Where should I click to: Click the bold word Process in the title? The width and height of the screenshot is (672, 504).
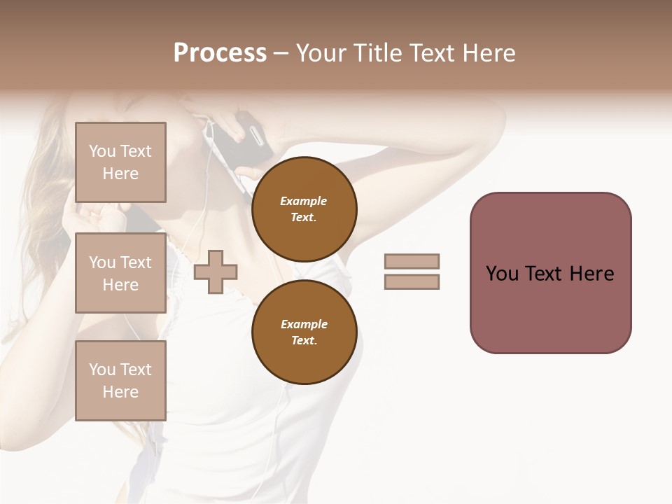[220, 53]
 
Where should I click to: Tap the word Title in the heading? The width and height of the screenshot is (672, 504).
[376, 53]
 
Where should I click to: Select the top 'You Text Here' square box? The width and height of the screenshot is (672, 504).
[120, 162]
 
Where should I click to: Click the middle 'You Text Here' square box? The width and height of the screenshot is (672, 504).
[120, 273]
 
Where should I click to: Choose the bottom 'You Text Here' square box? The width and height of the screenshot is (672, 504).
[120, 381]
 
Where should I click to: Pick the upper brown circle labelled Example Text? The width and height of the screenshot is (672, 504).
[304, 209]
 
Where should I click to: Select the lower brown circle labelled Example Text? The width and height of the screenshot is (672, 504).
[304, 332]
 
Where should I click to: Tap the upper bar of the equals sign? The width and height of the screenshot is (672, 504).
[412, 261]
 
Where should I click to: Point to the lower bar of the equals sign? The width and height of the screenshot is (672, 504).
[412, 281]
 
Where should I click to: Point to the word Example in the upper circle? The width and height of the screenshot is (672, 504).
[304, 201]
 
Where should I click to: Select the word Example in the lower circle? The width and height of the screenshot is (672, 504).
[304, 324]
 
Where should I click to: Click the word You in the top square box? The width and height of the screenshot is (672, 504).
[102, 151]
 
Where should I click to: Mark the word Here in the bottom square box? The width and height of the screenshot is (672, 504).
[120, 392]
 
